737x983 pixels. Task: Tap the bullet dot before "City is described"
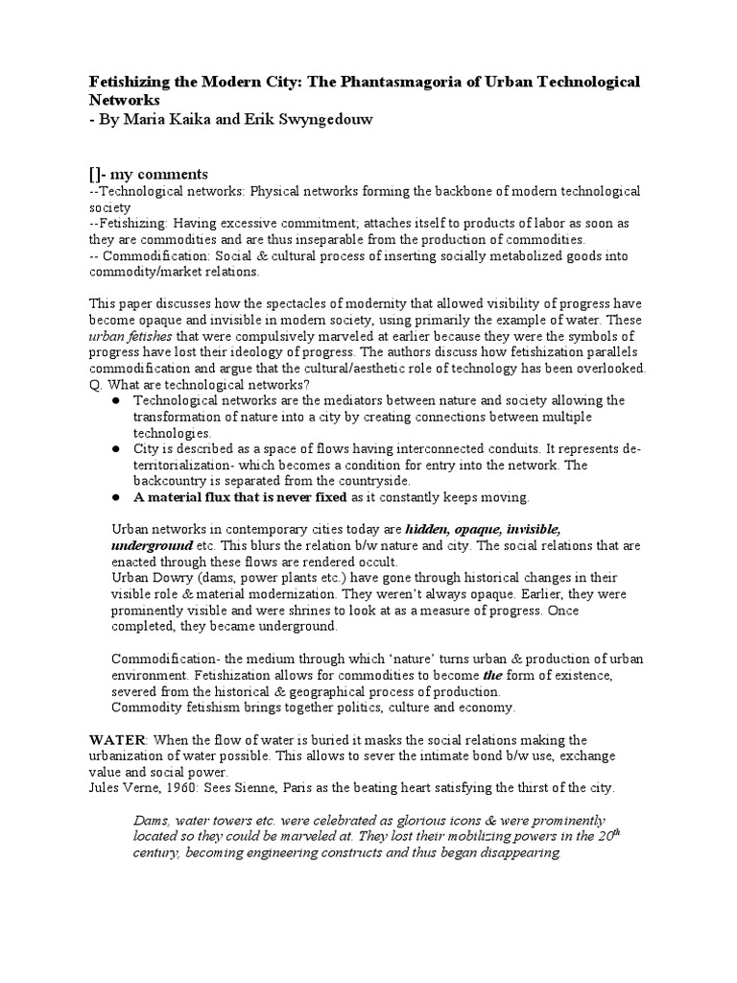point(115,449)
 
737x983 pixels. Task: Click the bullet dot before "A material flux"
point(115,497)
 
